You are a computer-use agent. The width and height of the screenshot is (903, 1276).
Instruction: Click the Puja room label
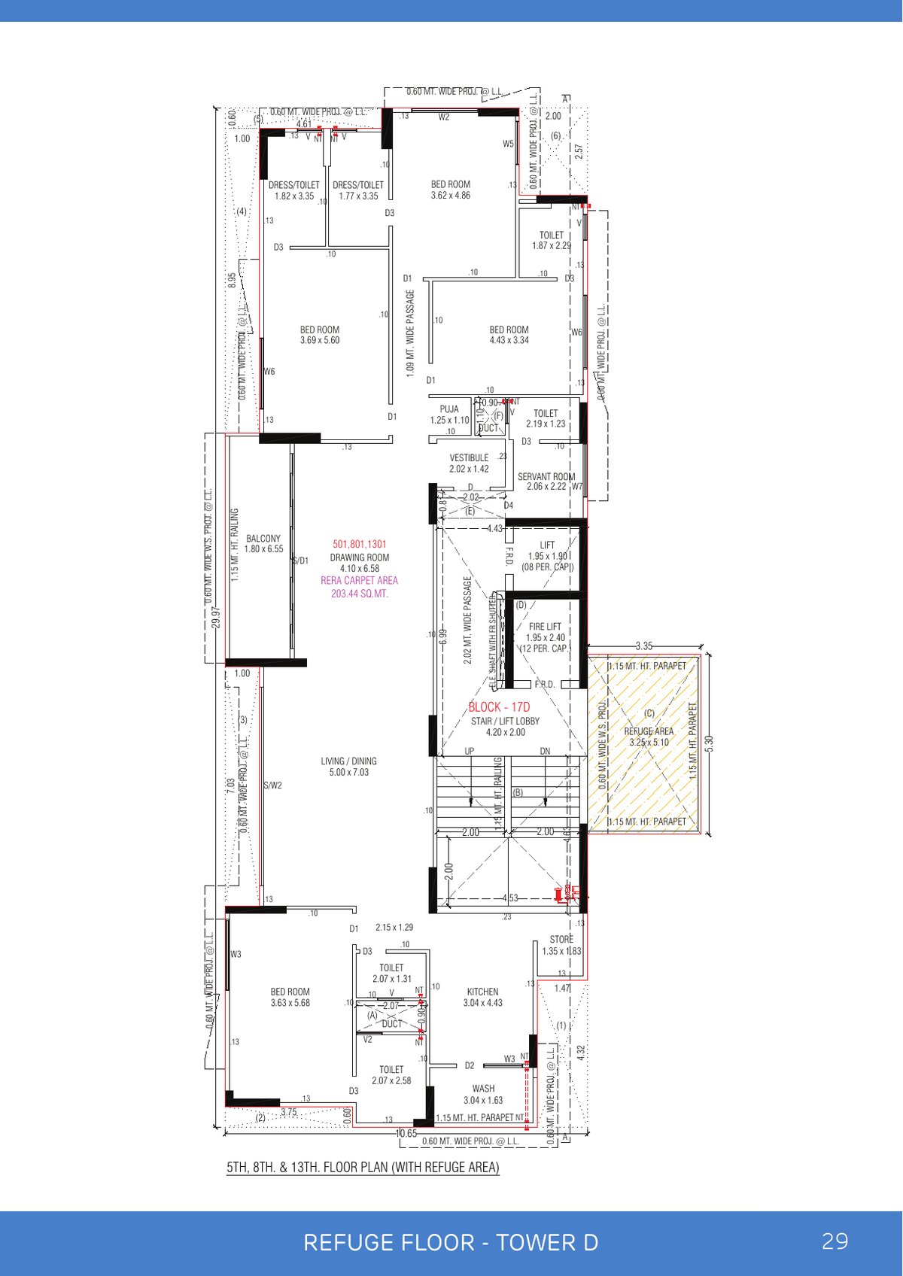coord(449,410)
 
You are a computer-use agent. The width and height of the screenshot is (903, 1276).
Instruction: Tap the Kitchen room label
coord(482,992)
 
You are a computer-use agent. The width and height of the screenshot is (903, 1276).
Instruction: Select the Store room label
coord(561,940)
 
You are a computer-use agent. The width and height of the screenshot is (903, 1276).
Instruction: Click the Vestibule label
coord(469,458)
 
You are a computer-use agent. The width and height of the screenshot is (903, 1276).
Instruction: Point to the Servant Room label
coord(546,477)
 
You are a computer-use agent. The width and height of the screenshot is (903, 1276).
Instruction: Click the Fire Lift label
coord(545,627)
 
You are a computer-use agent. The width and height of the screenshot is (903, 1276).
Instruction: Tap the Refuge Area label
coord(649,731)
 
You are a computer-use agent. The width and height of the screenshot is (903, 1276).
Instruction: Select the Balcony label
coord(263,539)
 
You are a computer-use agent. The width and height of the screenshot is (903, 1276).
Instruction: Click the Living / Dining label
coord(348,761)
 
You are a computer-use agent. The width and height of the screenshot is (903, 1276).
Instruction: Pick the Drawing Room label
coord(360,558)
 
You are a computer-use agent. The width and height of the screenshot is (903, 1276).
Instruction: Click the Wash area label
coord(483,1089)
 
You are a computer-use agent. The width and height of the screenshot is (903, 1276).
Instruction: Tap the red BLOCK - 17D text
coord(499,707)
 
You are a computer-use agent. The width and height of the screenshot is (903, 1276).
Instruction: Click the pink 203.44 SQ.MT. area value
coord(360,594)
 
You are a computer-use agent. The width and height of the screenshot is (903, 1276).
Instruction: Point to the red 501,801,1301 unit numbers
coord(360,544)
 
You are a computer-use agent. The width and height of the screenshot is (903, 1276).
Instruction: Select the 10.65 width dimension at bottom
coord(406,1133)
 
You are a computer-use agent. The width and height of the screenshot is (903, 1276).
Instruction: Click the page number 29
coord(835,1241)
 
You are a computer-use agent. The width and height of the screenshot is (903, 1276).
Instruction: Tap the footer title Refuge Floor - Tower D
coord(451,1243)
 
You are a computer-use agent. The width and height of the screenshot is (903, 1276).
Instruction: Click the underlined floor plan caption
coord(363,1168)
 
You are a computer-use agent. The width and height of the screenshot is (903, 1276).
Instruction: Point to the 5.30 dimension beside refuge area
coord(709,742)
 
